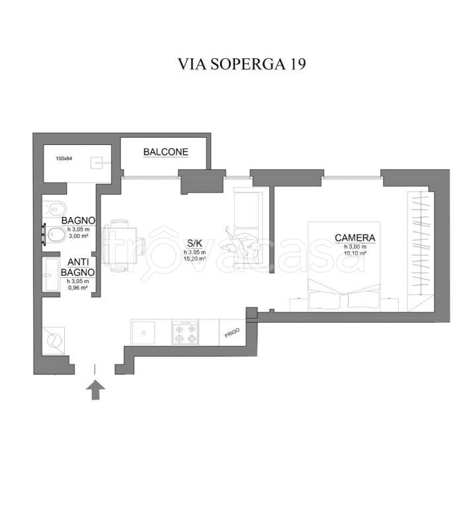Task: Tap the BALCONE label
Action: click(166, 152)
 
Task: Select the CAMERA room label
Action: click(355, 238)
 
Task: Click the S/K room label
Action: click(194, 243)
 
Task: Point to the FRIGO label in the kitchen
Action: click(232, 333)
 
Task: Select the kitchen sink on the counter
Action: click(144, 331)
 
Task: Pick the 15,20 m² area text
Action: click(194, 259)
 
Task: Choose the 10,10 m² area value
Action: click(355, 253)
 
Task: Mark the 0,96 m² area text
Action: click(77, 288)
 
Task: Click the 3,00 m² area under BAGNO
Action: click(78, 235)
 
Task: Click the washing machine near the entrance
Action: click(54, 341)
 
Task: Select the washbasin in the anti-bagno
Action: click(51, 273)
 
